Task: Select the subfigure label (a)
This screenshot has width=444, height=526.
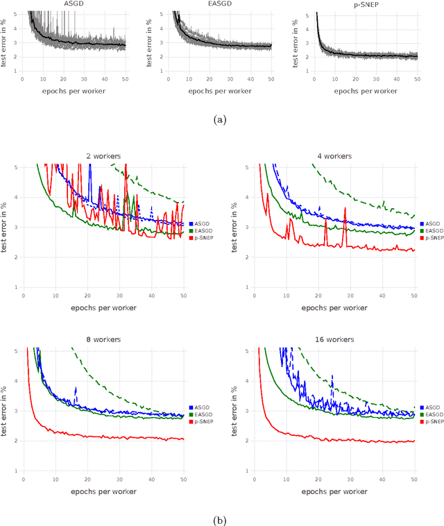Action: [221, 119]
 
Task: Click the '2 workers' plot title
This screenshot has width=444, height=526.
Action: [103, 156]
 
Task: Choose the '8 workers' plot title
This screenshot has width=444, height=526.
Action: [103, 340]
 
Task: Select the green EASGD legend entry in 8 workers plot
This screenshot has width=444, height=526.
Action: [198, 414]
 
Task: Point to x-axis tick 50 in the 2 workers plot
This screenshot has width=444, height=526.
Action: [184, 295]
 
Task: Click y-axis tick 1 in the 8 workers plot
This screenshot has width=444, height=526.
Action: [17, 470]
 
